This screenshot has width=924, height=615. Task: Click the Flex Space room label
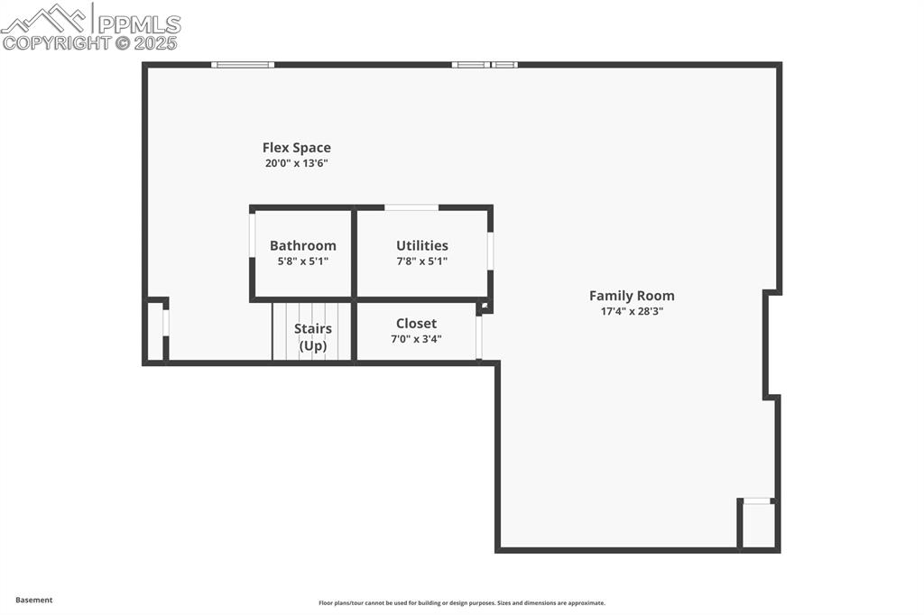coord(296,148)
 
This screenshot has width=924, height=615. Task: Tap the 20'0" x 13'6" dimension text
coord(296,163)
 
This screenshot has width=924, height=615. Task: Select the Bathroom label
coord(302,245)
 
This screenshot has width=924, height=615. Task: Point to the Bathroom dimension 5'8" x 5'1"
coord(302,262)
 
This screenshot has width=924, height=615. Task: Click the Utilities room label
coord(421,245)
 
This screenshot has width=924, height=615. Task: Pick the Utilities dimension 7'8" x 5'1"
coord(421,262)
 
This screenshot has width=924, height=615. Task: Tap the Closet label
coord(416,324)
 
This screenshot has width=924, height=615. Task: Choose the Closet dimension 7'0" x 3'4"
coord(416,339)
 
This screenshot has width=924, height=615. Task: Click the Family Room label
coord(632,296)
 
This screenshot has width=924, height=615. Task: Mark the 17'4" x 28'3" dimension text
coord(632,311)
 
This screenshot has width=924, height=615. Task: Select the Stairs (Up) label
coord(312,337)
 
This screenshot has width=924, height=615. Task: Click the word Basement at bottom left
coord(34,600)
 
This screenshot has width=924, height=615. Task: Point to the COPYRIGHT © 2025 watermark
coord(90,42)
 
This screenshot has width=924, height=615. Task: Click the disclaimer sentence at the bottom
coord(461,603)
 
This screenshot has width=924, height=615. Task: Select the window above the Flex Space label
coord(243,64)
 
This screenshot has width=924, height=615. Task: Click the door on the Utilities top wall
coord(411,207)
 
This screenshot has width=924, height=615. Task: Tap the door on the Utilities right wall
coord(490,251)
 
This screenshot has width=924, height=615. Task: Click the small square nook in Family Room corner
coord(758,525)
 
